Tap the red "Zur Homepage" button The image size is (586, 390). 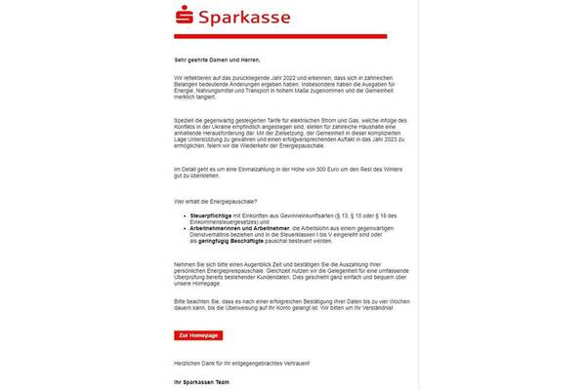pyautogui.click(x=198, y=334)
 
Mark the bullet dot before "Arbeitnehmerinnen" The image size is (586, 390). pyautogui.click(x=177, y=227)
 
